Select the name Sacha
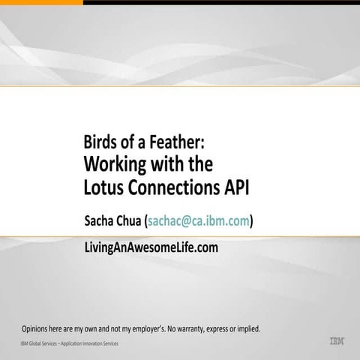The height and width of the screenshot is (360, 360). click(103, 220)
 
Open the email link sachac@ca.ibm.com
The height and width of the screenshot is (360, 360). click(199, 220)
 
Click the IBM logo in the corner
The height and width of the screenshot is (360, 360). click(337, 341)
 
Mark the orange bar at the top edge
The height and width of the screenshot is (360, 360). click(41, 2)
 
